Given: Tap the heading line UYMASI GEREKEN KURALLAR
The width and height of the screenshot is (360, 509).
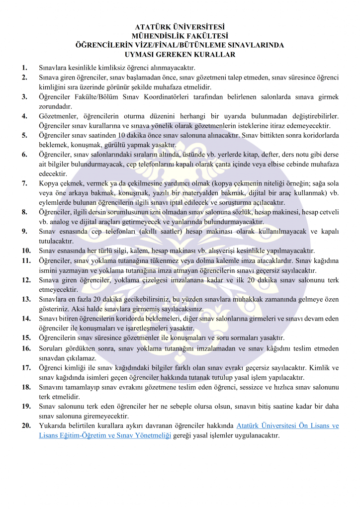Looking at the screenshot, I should [180, 55].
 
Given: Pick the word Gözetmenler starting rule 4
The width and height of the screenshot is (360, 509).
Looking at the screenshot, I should [58, 116].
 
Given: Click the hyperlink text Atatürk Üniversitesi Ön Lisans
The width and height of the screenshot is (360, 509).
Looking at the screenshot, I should [287, 425].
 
